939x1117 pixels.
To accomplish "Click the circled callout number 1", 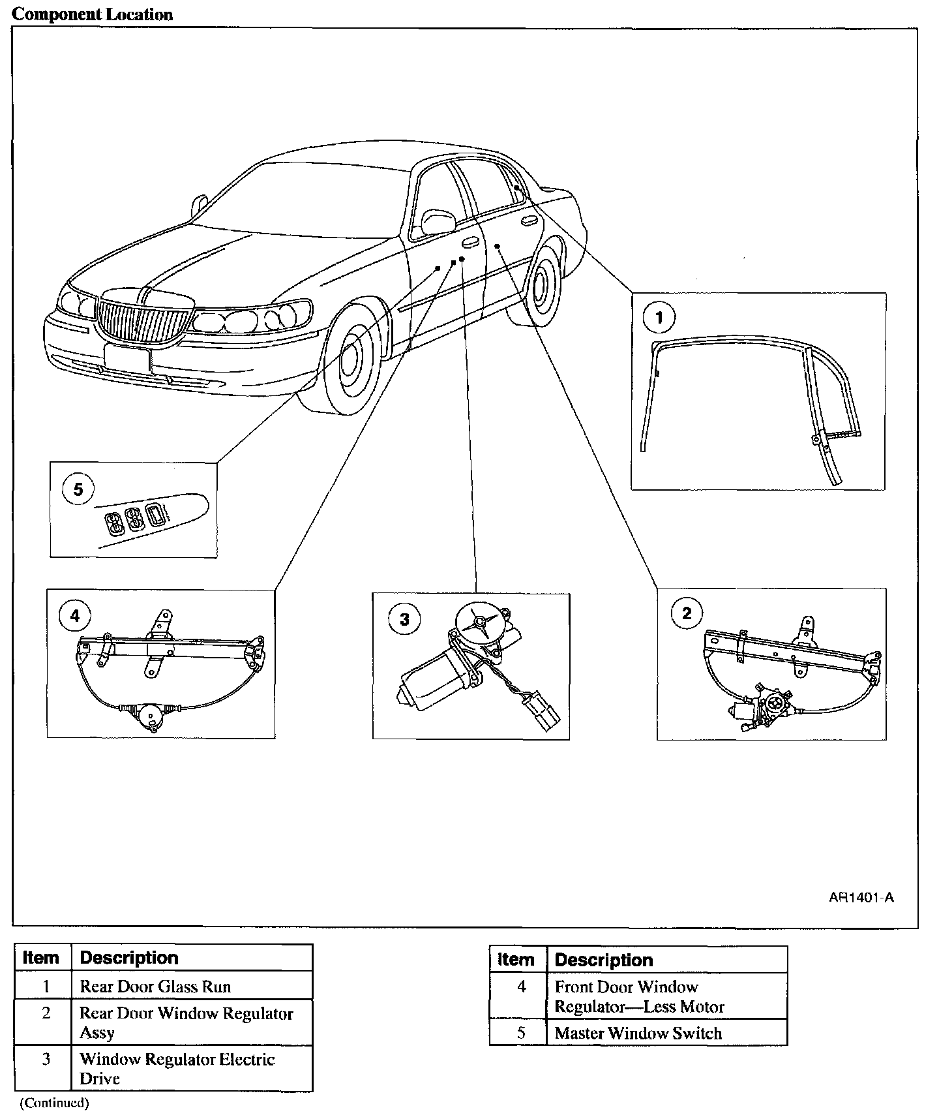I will tap(659, 318).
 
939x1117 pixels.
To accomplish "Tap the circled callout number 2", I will tap(686, 613).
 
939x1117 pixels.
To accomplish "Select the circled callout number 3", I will tap(404, 619).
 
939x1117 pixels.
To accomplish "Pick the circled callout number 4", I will tap(75, 615).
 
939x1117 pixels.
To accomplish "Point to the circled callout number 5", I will tap(78, 489).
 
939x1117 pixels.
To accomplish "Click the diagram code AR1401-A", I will tap(861, 897).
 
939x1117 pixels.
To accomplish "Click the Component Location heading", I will tap(93, 14).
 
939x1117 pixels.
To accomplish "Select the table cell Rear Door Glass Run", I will tap(155, 987).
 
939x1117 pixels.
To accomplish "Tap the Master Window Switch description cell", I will tap(638, 1033).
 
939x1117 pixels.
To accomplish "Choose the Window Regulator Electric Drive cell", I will tap(177, 1069).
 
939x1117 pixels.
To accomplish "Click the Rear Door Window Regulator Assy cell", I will tap(186, 1022).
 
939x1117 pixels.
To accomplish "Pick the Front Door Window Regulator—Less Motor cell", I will tap(639, 996).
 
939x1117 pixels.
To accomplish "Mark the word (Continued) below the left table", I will tap(53, 1103).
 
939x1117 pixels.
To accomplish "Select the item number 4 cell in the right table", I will tap(521, 987).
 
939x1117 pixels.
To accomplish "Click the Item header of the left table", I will tap(40, 958).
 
